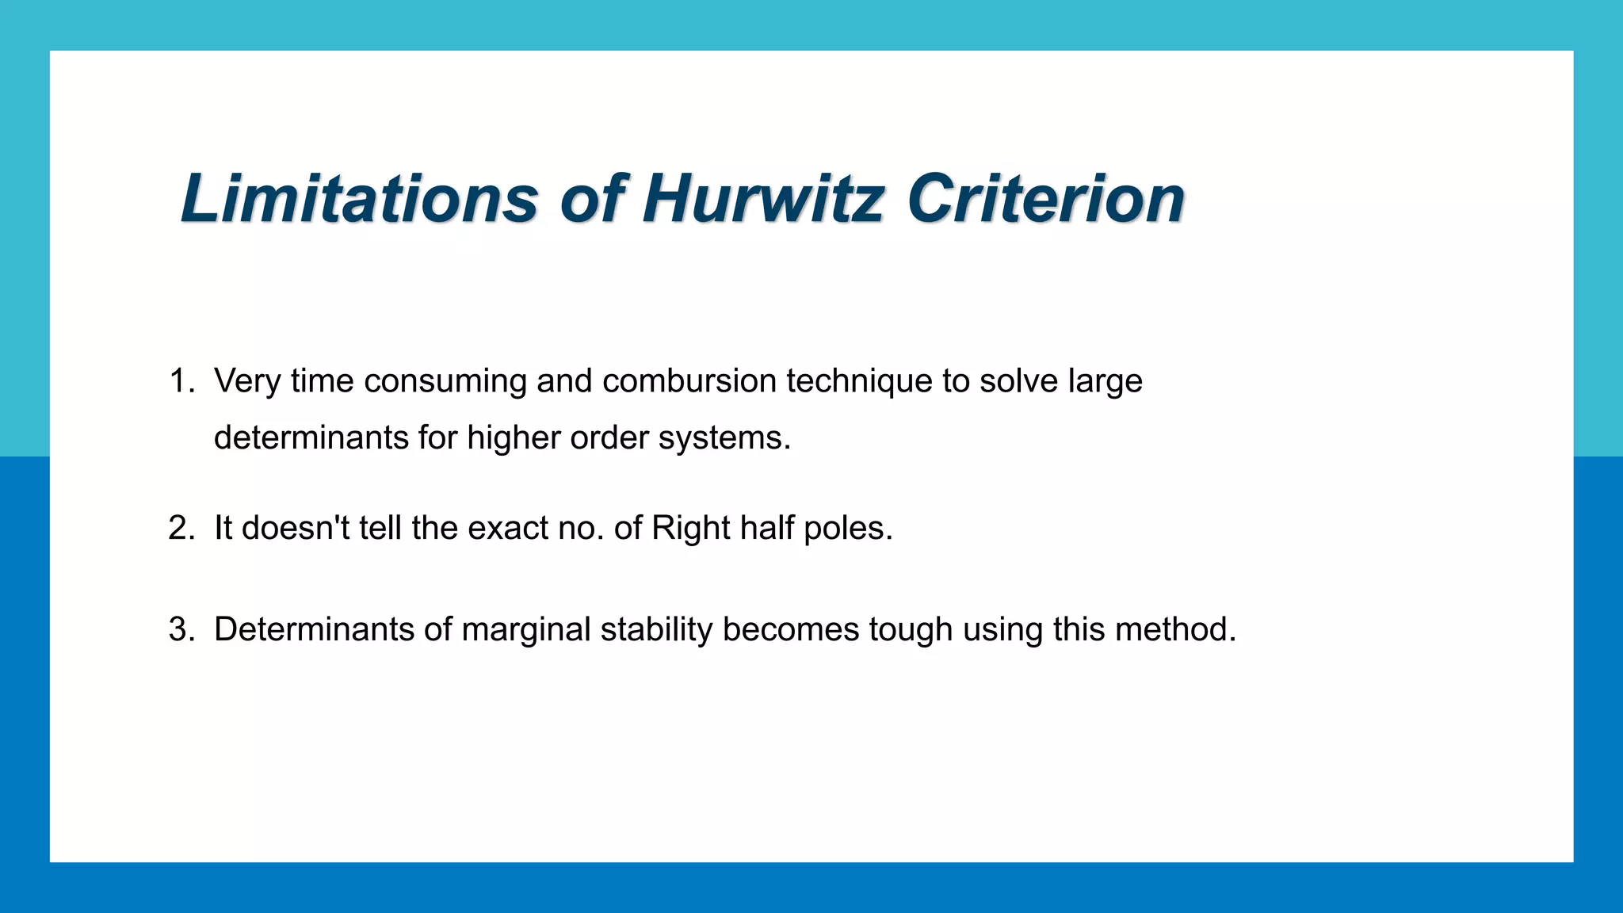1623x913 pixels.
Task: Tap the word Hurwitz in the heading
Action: point(762,198)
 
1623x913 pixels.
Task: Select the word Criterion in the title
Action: point(1046,198)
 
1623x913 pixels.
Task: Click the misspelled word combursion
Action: point(689,381)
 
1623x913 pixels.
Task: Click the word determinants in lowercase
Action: point(311,437)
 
